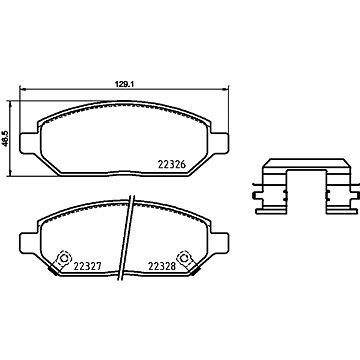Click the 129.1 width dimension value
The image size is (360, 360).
[124, 85]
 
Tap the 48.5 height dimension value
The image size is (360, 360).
[5, 138]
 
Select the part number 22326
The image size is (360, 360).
[171, 165]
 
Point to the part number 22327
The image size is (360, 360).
[87, 266]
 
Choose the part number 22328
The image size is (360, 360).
[162, 266]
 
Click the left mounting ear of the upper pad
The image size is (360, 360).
[29, 143]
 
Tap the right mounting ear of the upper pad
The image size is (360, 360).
[220, 143]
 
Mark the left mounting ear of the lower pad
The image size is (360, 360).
[29, 244]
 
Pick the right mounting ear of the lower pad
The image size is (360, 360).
[220, 244]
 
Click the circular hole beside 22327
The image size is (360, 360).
[64, 258]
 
